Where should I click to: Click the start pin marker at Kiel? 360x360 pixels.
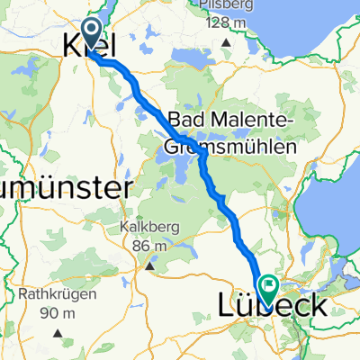pyautogui.click(x=93, y=34)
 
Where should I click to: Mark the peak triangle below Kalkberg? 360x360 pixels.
pyautogui.click(x=152, y=264)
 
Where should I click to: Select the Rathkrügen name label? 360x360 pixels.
pyautogui.click(x=49, y=295)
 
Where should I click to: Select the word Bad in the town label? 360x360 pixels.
pyautogui.click(x=184, y=120)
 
